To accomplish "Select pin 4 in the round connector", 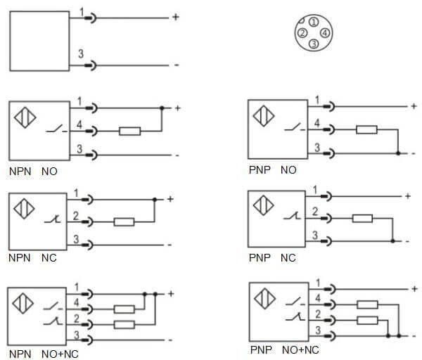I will (324, 32).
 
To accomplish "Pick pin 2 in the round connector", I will (302, 32).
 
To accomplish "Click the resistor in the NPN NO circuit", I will (130, 131).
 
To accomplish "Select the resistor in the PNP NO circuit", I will (366, 129).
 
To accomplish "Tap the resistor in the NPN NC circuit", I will (124, 222).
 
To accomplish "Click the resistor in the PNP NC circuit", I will (362, 218).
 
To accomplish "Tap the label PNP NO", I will (273, 170).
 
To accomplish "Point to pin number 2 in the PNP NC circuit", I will (316, 211).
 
